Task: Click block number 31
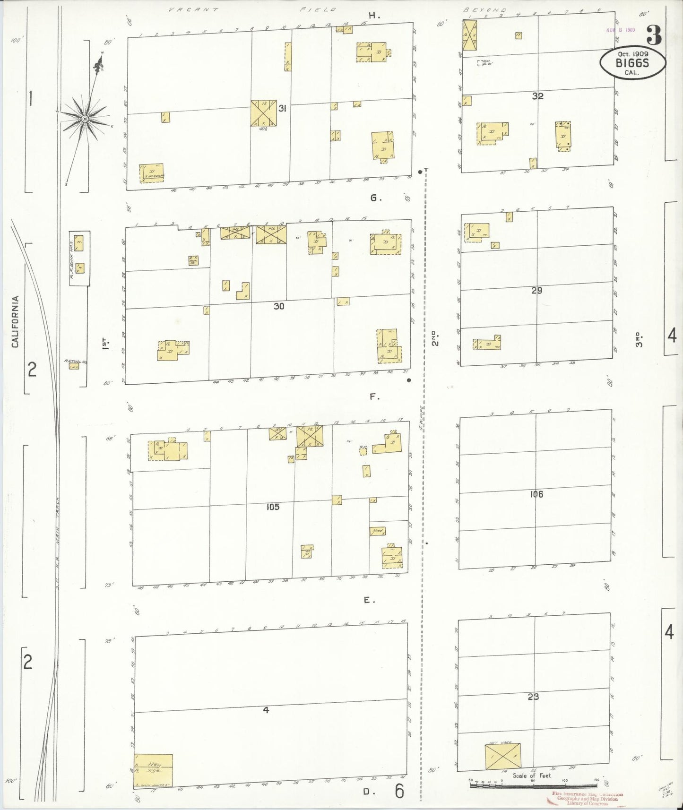282,109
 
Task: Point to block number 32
537,96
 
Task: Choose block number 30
279,306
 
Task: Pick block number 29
536,291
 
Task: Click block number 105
273,507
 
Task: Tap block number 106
536,494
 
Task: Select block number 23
533,697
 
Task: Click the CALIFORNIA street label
16,321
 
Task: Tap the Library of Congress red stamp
587,799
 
